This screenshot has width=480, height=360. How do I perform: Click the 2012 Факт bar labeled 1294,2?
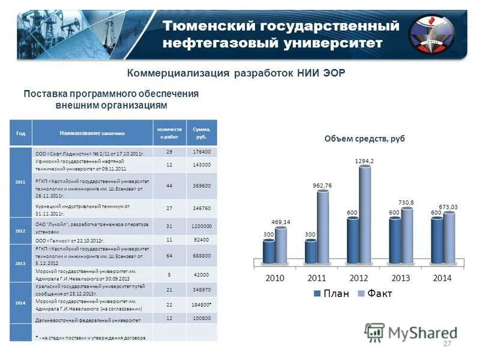365,213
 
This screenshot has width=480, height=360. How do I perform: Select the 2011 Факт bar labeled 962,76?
323,225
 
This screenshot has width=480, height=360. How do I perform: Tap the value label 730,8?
407,203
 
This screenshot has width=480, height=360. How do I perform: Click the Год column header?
21,133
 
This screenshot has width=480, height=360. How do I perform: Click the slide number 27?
446,343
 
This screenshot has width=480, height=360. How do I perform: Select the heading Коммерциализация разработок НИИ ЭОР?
237,73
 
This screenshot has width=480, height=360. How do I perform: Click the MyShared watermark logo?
410,332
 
